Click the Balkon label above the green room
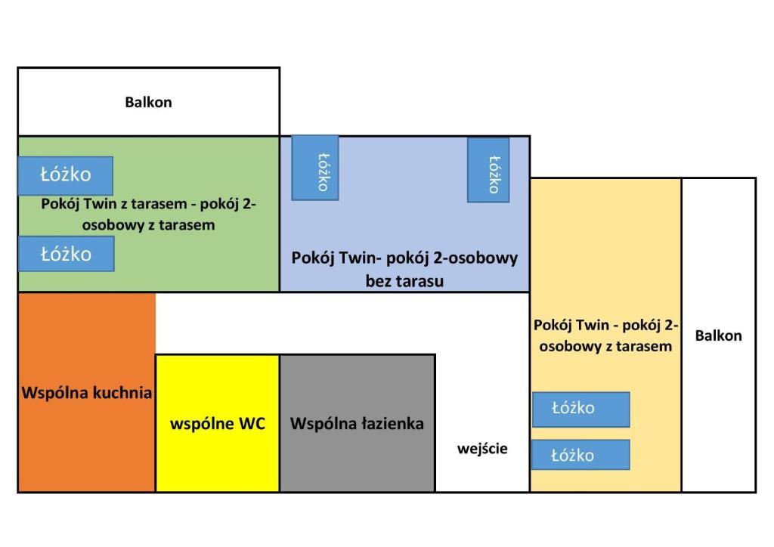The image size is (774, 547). [x=148, y=102]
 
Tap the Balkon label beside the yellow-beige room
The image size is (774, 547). [x=718, y=335]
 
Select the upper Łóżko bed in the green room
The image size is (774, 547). [x=66, y=175]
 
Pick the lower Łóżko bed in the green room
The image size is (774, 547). [x=67, y=254]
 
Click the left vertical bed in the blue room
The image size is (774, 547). [x=315, y=168]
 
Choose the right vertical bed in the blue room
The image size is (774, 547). [x=488, y=170]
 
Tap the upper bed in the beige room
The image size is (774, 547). [x=581, y=409]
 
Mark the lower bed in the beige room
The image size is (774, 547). [x=580, y=455]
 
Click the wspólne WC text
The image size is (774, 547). [x=218, y=424]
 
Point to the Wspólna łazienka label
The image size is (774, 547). [x=357, y=424]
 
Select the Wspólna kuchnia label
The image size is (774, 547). [x=87, y=393]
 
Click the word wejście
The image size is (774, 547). [x=482, y=449]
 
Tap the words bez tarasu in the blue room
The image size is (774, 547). [x=404, y=281]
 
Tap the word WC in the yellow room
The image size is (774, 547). [x=252, y=424]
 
